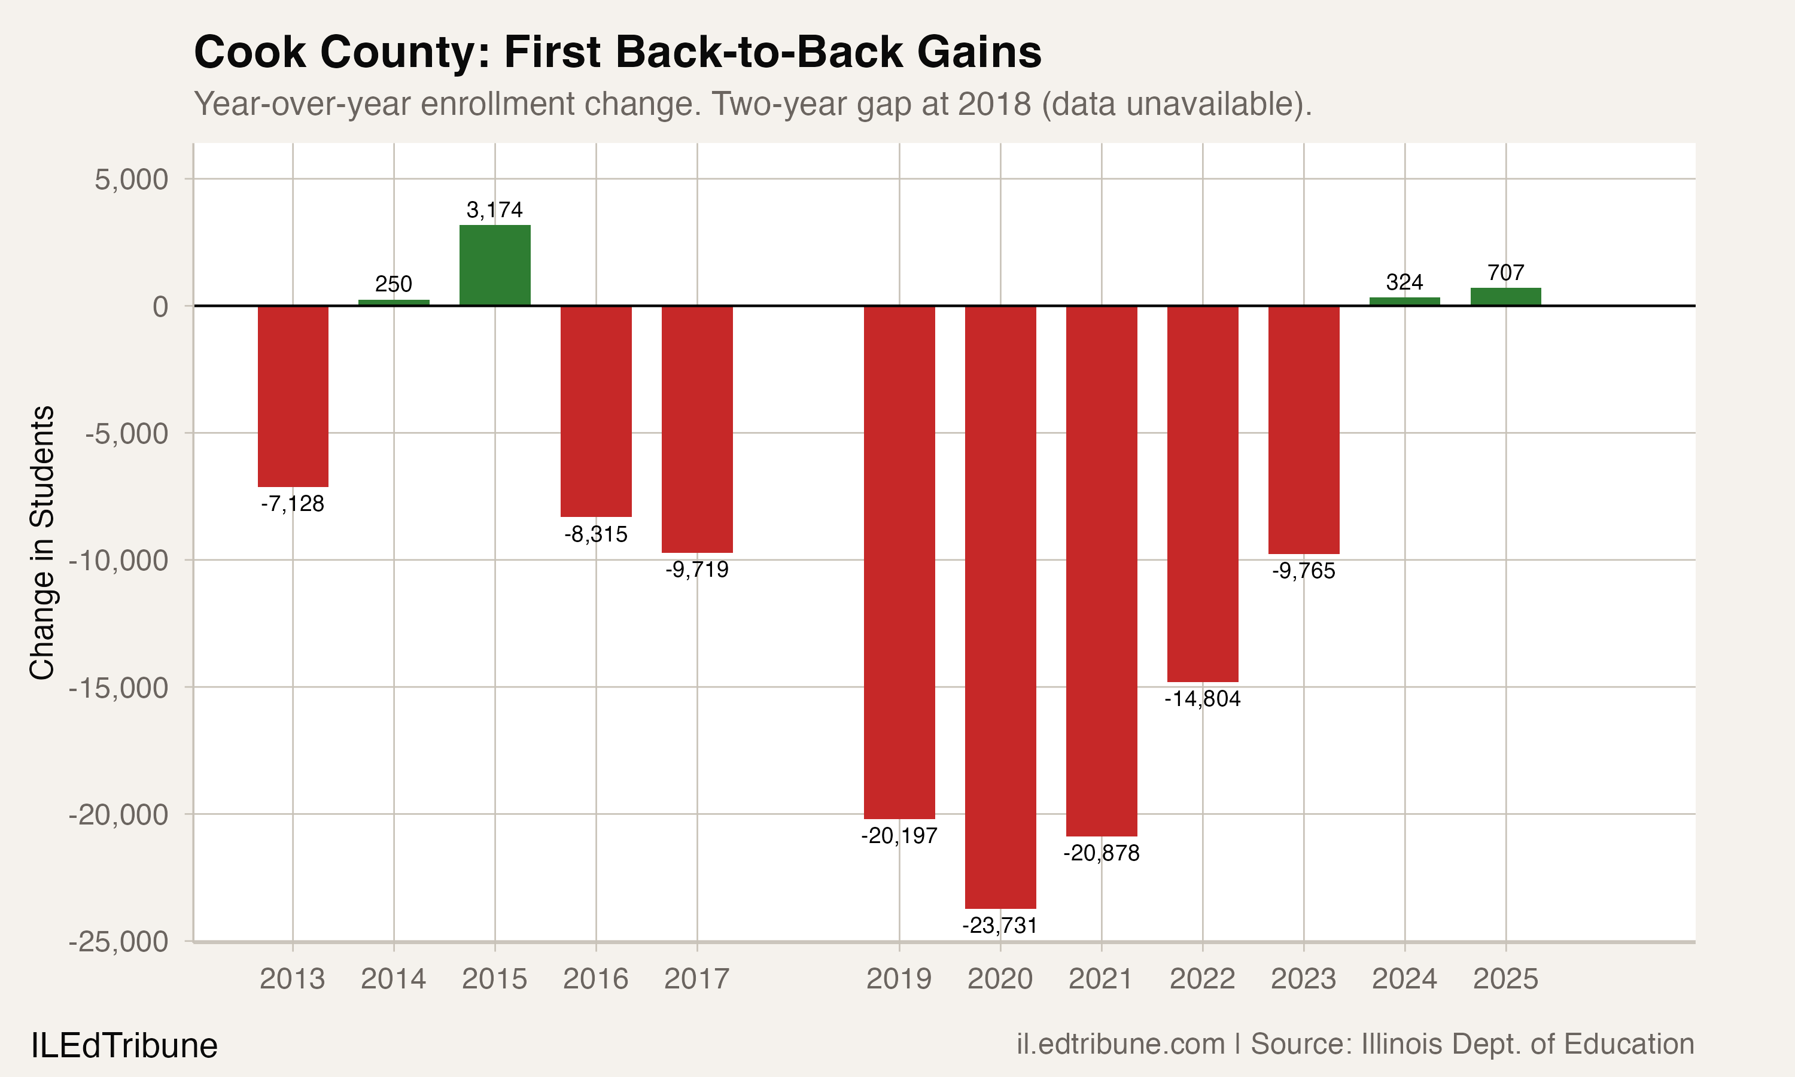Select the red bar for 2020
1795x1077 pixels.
tap(1000, 607)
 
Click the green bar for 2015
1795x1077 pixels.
tap(495, 266)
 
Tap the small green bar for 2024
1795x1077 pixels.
tap(1405, 301)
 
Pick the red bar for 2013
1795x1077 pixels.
tap(293, 396)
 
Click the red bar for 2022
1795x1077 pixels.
tap(1202, 494)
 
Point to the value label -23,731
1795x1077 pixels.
tap(1000, 925)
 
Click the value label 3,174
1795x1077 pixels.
tap(495, 210)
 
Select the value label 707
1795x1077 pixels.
tap(1505, 273)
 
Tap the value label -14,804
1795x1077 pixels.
tap(1202, 699)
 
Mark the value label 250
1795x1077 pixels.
tap(393, 284)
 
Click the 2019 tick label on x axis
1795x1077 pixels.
tap(899, 979)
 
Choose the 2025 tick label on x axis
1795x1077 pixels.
tap(1505, 979)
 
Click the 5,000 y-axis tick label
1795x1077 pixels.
tap(131, 180)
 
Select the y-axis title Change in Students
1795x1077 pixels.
tap(42, 542)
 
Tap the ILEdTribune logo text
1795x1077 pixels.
tap(124, 1046)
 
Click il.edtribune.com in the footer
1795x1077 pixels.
tap(1120, 1044)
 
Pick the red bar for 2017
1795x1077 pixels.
tap(696, 429)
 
